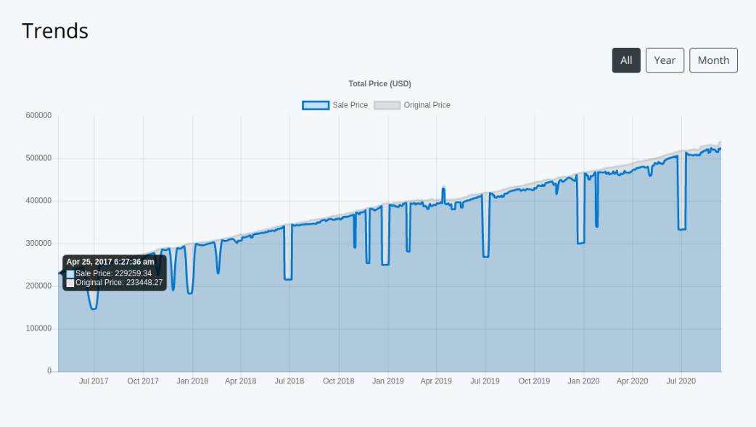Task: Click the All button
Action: coord(626,60)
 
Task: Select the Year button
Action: coord(665,60)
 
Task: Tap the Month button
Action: coord(713,60)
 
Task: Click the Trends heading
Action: coord(55,31)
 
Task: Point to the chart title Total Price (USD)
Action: coord(379,84)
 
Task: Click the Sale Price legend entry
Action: coord(335,105)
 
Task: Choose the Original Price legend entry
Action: coord(412,105)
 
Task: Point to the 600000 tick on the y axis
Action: coord(38,115)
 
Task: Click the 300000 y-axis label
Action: coord(38,244)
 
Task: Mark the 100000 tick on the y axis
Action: coord(38,328)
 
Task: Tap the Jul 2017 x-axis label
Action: coord(94,381)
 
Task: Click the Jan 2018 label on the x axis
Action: coord(192,381)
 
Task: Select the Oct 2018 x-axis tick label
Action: coord(339,381)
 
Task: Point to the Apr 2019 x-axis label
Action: coord(436,381)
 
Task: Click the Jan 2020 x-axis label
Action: coord(583,381)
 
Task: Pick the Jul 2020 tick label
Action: coord(681,381)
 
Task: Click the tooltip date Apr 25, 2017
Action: coord(110,262)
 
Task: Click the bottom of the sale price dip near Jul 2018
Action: coord(288,279)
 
